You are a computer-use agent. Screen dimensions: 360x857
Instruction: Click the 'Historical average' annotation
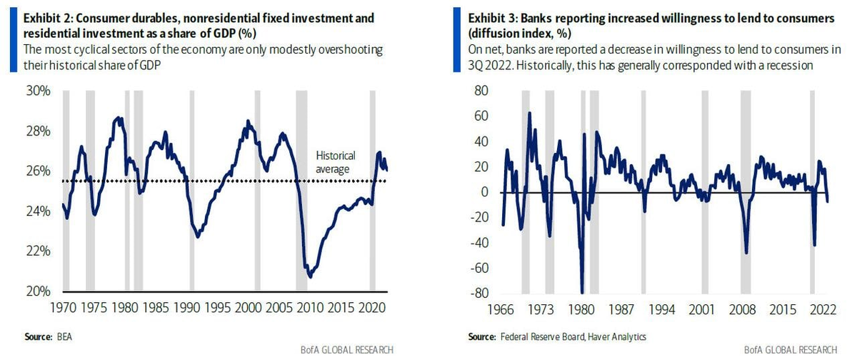point(335,163)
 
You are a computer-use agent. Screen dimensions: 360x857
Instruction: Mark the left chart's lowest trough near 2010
point(310,276)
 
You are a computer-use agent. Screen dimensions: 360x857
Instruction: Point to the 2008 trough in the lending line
point(746,252)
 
